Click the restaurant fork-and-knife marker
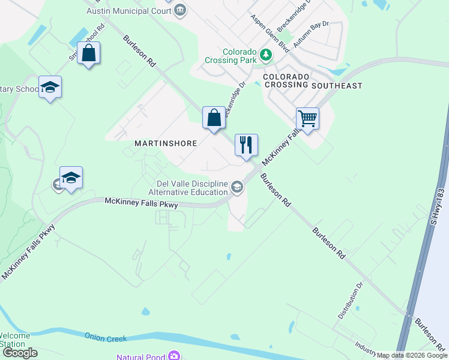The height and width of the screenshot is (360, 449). coord(246,145)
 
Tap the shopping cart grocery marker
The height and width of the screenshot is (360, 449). coord(307,119)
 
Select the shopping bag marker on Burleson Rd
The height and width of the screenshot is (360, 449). coord(214,118)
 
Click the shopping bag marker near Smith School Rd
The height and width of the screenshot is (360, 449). coord(89,53)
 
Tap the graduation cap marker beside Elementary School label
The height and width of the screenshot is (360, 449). coord(50,88)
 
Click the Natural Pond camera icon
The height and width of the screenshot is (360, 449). coord(174,356)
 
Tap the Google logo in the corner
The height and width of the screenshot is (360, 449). coord(20,353)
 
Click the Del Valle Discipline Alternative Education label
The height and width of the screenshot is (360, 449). coord(188,188)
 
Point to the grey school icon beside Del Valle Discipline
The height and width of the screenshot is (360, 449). coord(237,188)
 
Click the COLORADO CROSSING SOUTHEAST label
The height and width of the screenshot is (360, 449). coord(312,81)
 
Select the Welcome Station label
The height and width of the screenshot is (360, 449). coord(13,340)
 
